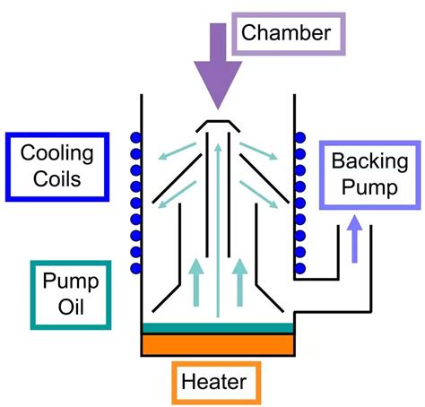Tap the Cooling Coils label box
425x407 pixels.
[x=56, y=166]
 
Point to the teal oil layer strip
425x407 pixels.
[x=217, y=327]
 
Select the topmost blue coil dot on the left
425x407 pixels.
[x=137, y=139]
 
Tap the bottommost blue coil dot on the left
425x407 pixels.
[x=137, y=268]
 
